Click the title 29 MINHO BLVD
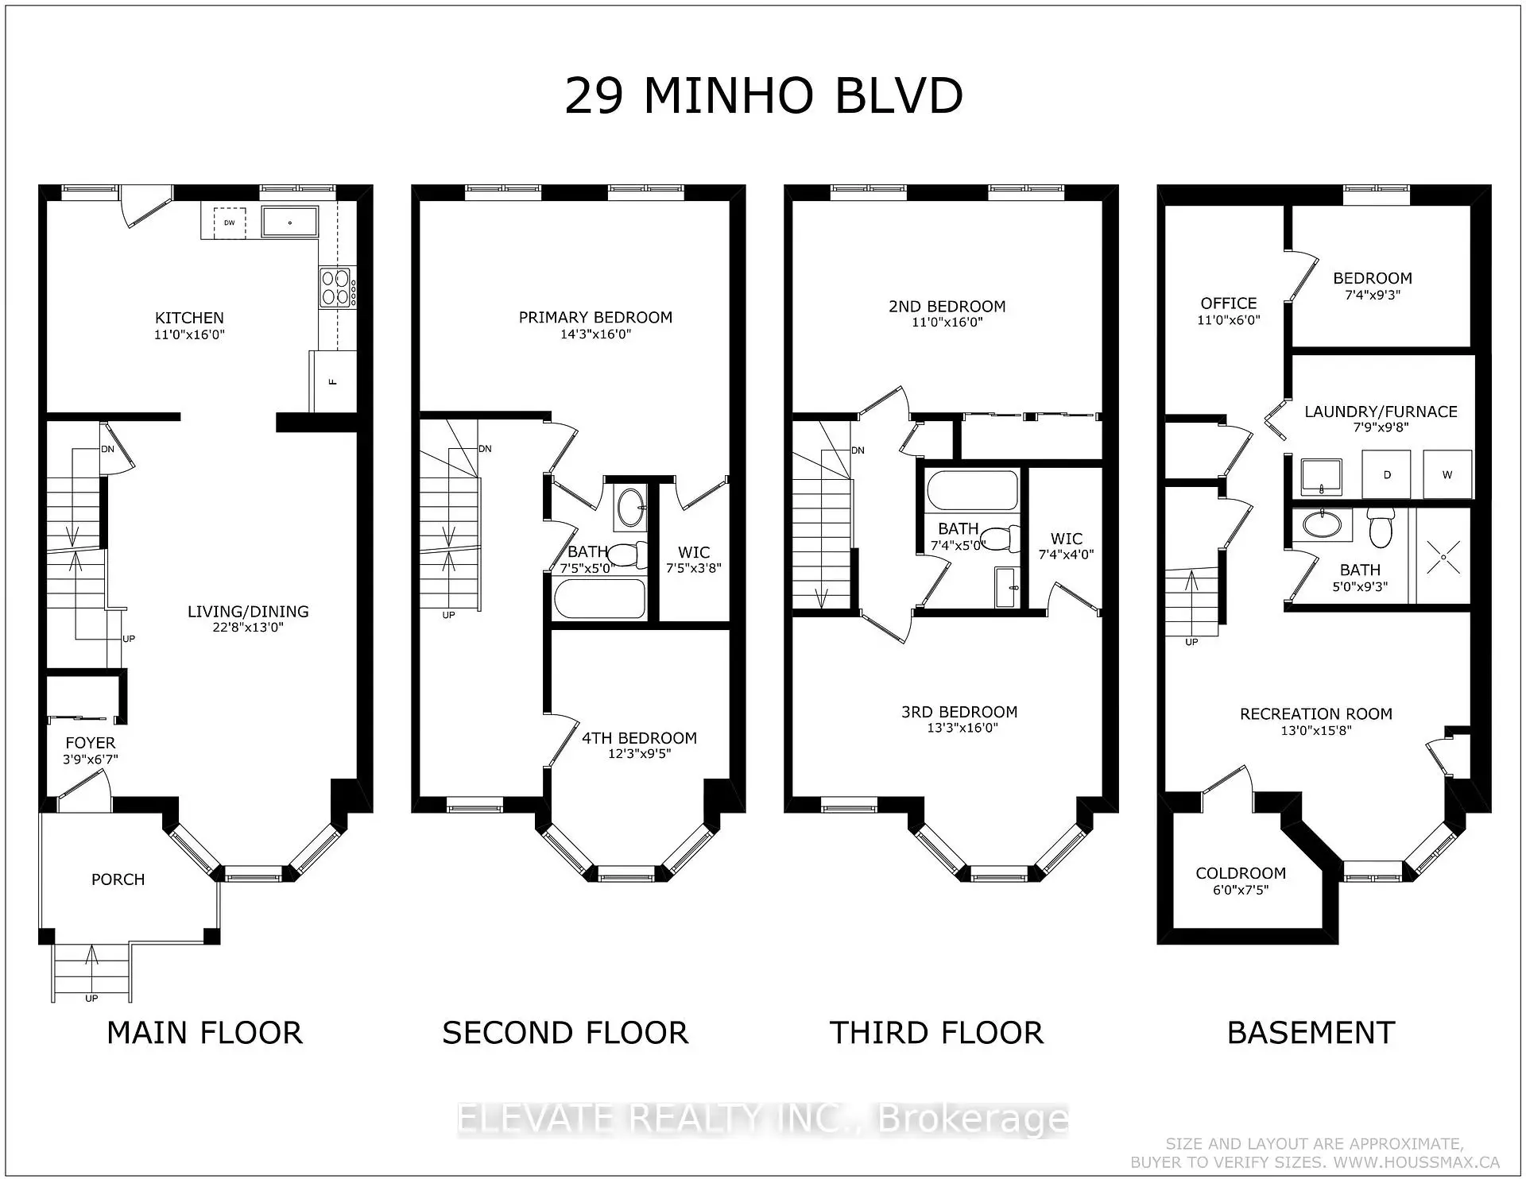pyautogui.click(x=764, y=97)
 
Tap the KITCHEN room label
pyautogui.click(x=189, y=317)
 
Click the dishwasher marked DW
pyautogui.click(x=229, y=222)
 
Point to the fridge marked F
pyautogui.click(x=332, y=381)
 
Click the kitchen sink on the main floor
pyautogui.click(x=289, y=222)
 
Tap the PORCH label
pyautogui.click(x=118, y=879)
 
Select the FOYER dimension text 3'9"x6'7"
pyautogui.click(x=90, y=760)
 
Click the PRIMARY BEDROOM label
pyautogui.click(x=595, y=317)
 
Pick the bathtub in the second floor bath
pyautogui.click(x=599, y=598)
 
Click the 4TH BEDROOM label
pyautogui.click(x=639, y=738)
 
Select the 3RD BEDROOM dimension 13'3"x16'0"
pyautogui.click(x=962, y=728)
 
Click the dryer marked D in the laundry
pyautogui.click(x=1387, y=475)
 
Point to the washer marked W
pyautogui.click(x=1447, y=475)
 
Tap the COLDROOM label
pyautogui.click(x=1241, y=873)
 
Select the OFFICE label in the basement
pyautogui.click(x=1229, y=303)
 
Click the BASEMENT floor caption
pyautogui.click(x=1311, y=1033)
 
